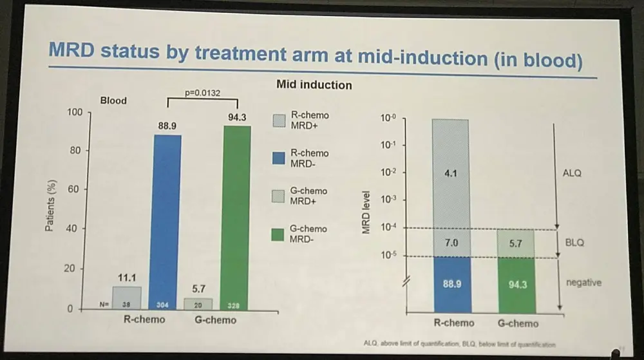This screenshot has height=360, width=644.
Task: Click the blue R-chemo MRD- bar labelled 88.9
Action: click(167, 219)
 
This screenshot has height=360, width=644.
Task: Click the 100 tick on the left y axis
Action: click(75, 112)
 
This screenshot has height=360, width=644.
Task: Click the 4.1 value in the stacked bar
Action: click(450, 172)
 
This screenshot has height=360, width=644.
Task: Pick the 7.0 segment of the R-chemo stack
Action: click(450, 243)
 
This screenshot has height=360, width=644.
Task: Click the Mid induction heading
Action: click(314, 84)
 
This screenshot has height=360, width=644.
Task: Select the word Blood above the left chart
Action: click(113, 100)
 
